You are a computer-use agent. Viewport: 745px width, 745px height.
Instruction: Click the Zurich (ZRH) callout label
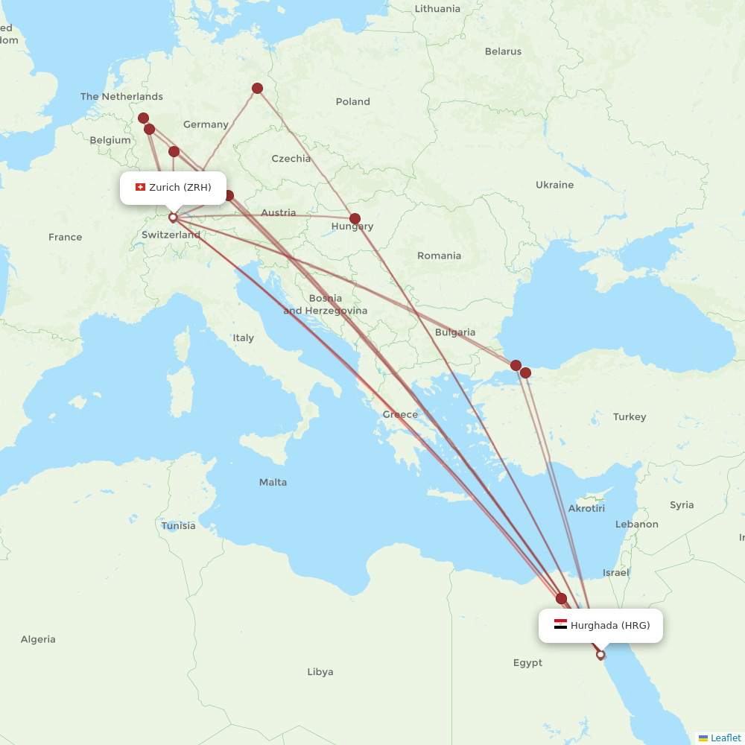173,188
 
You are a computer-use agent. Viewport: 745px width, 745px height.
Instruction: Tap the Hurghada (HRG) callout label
601,625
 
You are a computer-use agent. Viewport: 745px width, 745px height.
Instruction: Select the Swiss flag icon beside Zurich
140,187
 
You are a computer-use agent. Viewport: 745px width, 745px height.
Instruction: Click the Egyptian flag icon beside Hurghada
560,624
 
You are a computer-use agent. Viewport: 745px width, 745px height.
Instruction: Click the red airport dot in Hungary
355,219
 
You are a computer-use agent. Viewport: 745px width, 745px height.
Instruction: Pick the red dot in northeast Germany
257,89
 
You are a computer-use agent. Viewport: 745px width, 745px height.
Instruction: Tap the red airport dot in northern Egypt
561,598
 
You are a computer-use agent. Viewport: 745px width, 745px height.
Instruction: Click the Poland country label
352,101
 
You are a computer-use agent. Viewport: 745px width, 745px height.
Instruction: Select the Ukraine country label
554,185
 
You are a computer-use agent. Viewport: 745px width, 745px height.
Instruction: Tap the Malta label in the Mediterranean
273,482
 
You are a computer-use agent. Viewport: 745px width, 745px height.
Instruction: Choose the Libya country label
320,672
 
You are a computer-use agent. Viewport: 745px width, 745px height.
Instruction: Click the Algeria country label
38,639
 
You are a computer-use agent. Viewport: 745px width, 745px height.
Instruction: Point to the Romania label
439,256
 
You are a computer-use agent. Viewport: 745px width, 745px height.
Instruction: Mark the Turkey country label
630,416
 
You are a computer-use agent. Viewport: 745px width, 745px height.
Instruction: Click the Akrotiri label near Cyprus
586,508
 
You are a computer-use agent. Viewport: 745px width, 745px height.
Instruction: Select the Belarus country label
503,51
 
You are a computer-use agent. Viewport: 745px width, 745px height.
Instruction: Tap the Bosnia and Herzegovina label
325,304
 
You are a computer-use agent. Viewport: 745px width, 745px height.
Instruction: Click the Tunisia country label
178,525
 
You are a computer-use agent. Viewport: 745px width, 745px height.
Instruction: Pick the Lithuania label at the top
437,9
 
